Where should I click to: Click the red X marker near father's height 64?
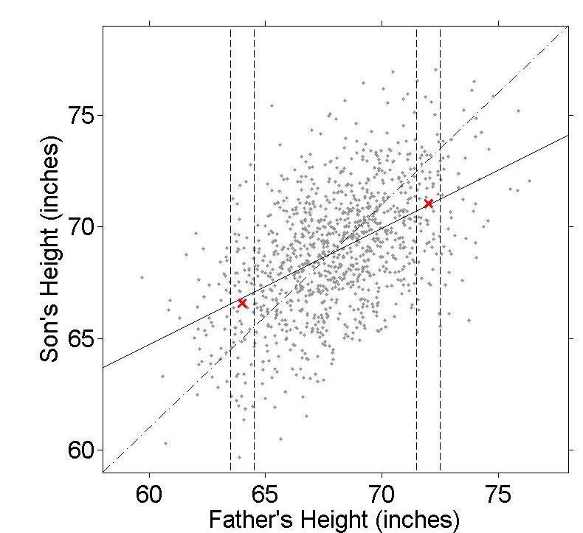242,303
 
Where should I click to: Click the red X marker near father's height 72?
428,203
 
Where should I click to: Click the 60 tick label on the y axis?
83,450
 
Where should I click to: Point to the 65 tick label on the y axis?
83,339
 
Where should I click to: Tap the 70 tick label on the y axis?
83,227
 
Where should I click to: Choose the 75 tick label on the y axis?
83,116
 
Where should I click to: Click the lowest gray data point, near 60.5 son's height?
280,439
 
